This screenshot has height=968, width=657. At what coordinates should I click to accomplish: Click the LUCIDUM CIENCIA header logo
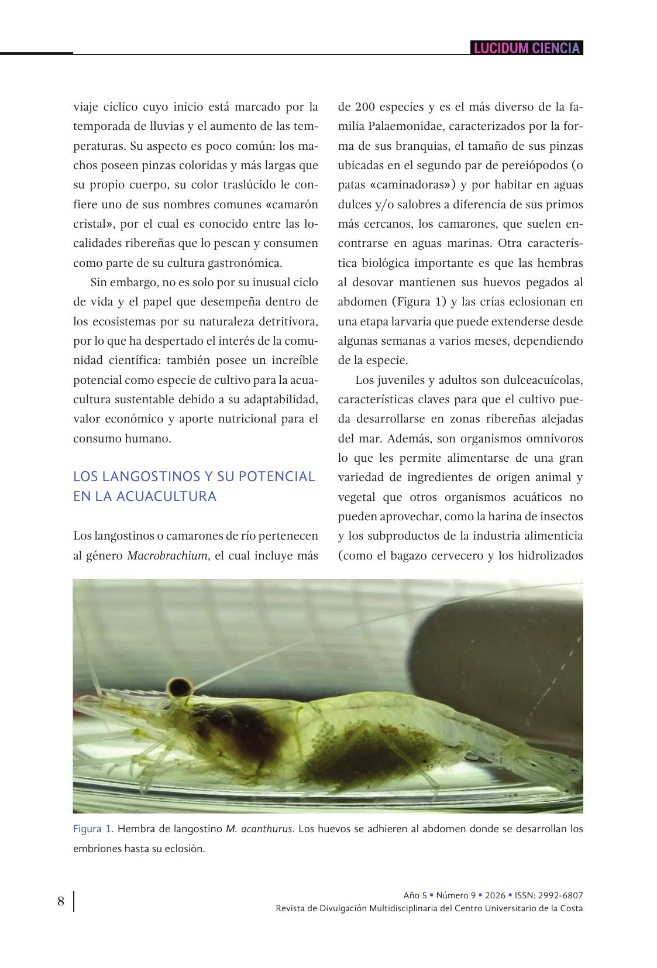527,48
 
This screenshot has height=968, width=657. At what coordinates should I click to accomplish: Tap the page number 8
61,901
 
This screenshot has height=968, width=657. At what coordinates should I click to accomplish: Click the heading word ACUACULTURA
167,496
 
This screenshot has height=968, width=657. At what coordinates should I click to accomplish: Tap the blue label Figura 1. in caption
93,829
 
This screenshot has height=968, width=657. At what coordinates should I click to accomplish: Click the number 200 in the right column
365,107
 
